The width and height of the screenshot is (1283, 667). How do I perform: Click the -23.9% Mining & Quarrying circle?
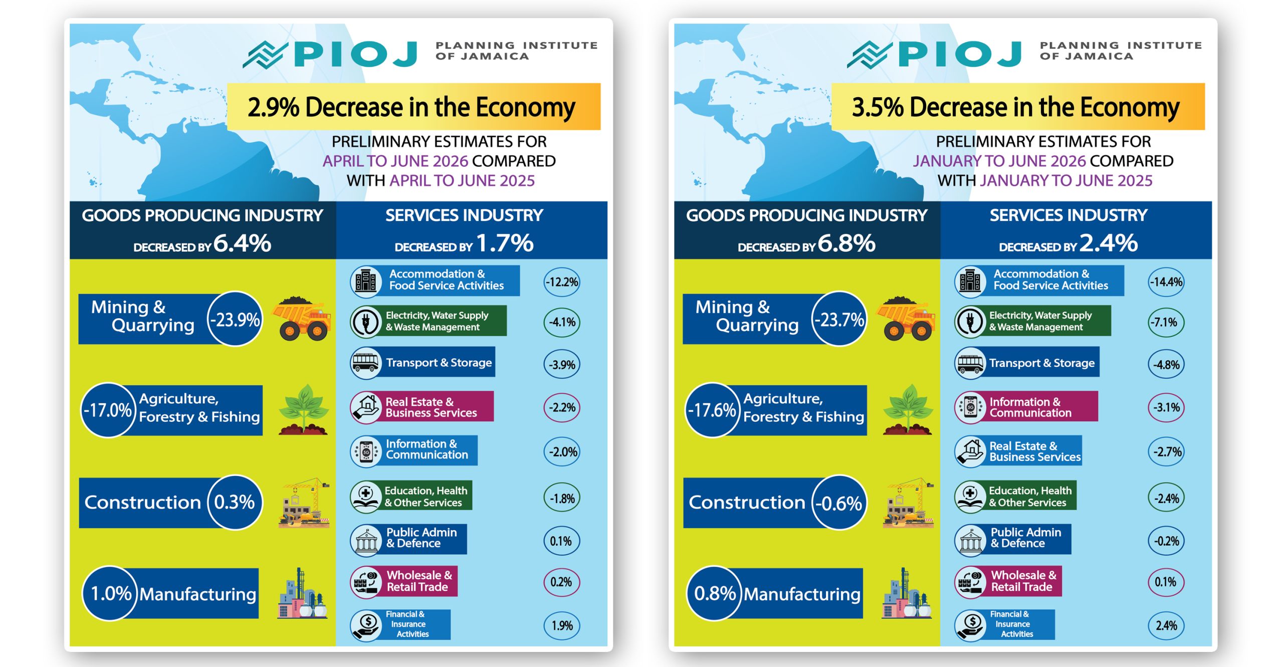[235, 319]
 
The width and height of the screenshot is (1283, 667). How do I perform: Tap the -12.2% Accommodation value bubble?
[562, 282]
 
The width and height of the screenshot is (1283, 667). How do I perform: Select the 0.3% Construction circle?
[235, 502]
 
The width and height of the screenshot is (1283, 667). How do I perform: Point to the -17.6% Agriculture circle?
[712, 410]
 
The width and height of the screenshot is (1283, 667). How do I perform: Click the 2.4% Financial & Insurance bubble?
[1166, 625]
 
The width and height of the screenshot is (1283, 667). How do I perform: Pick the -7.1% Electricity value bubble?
[1166, 322]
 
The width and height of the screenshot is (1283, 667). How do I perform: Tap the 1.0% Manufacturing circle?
[110, 593]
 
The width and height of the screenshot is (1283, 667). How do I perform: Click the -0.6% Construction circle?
[839, 502]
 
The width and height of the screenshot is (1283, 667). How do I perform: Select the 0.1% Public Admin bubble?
[562, 541]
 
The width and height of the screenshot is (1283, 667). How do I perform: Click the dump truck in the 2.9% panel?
[301, 319]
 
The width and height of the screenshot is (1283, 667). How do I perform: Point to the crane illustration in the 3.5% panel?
[908, 502]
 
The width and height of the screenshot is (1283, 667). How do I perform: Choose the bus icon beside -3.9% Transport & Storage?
[366, 362]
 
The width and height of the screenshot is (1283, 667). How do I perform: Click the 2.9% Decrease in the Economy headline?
[411, 107]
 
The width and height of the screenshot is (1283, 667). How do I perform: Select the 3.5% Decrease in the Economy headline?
[1015, 107]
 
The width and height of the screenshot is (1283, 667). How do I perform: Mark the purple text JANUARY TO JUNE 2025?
[1066, 180]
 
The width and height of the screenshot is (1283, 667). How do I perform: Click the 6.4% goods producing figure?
[243, 243]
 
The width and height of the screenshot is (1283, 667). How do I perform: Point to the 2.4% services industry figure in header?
[1109, 243]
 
